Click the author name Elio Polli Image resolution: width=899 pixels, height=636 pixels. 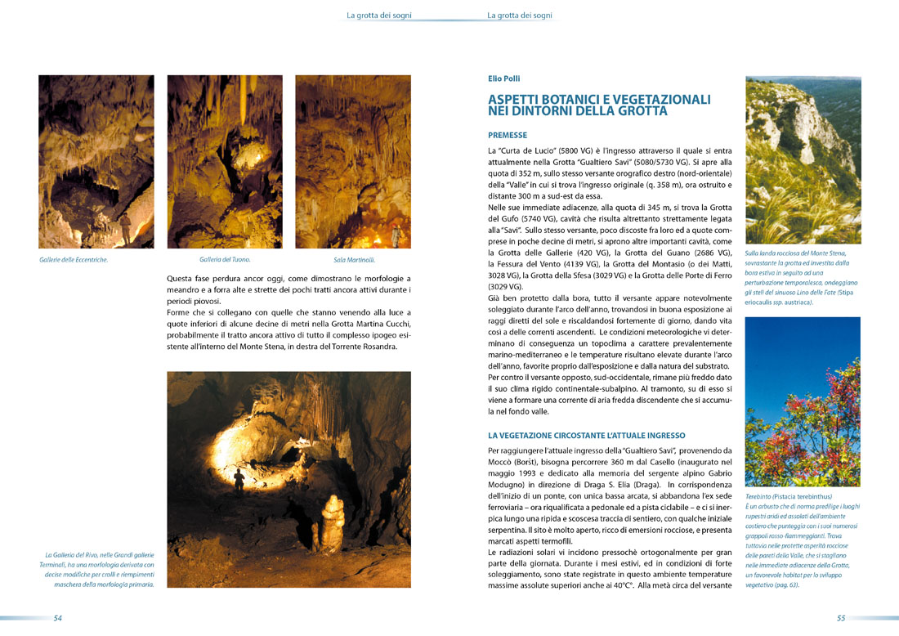[503, 79]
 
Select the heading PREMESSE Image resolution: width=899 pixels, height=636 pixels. [508, 135]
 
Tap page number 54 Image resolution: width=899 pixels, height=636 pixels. [58, 618]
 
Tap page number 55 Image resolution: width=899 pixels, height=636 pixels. [841, 618]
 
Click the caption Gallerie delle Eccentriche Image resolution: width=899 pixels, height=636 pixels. [74, 260]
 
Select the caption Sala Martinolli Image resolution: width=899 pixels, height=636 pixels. [353, 260]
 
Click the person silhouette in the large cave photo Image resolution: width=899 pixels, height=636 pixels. [239, 479]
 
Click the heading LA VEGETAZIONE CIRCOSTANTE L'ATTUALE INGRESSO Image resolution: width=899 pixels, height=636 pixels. [586, 436]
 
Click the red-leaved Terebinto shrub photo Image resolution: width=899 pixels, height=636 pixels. [803, 401]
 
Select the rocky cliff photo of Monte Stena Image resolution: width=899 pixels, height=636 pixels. [803, 159]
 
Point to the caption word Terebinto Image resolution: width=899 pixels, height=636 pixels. [761, 496]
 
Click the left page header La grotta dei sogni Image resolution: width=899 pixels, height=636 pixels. [379, 15]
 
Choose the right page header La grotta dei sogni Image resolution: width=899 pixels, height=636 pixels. [520, 15]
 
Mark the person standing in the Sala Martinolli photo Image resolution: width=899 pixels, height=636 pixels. [396, 235]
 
